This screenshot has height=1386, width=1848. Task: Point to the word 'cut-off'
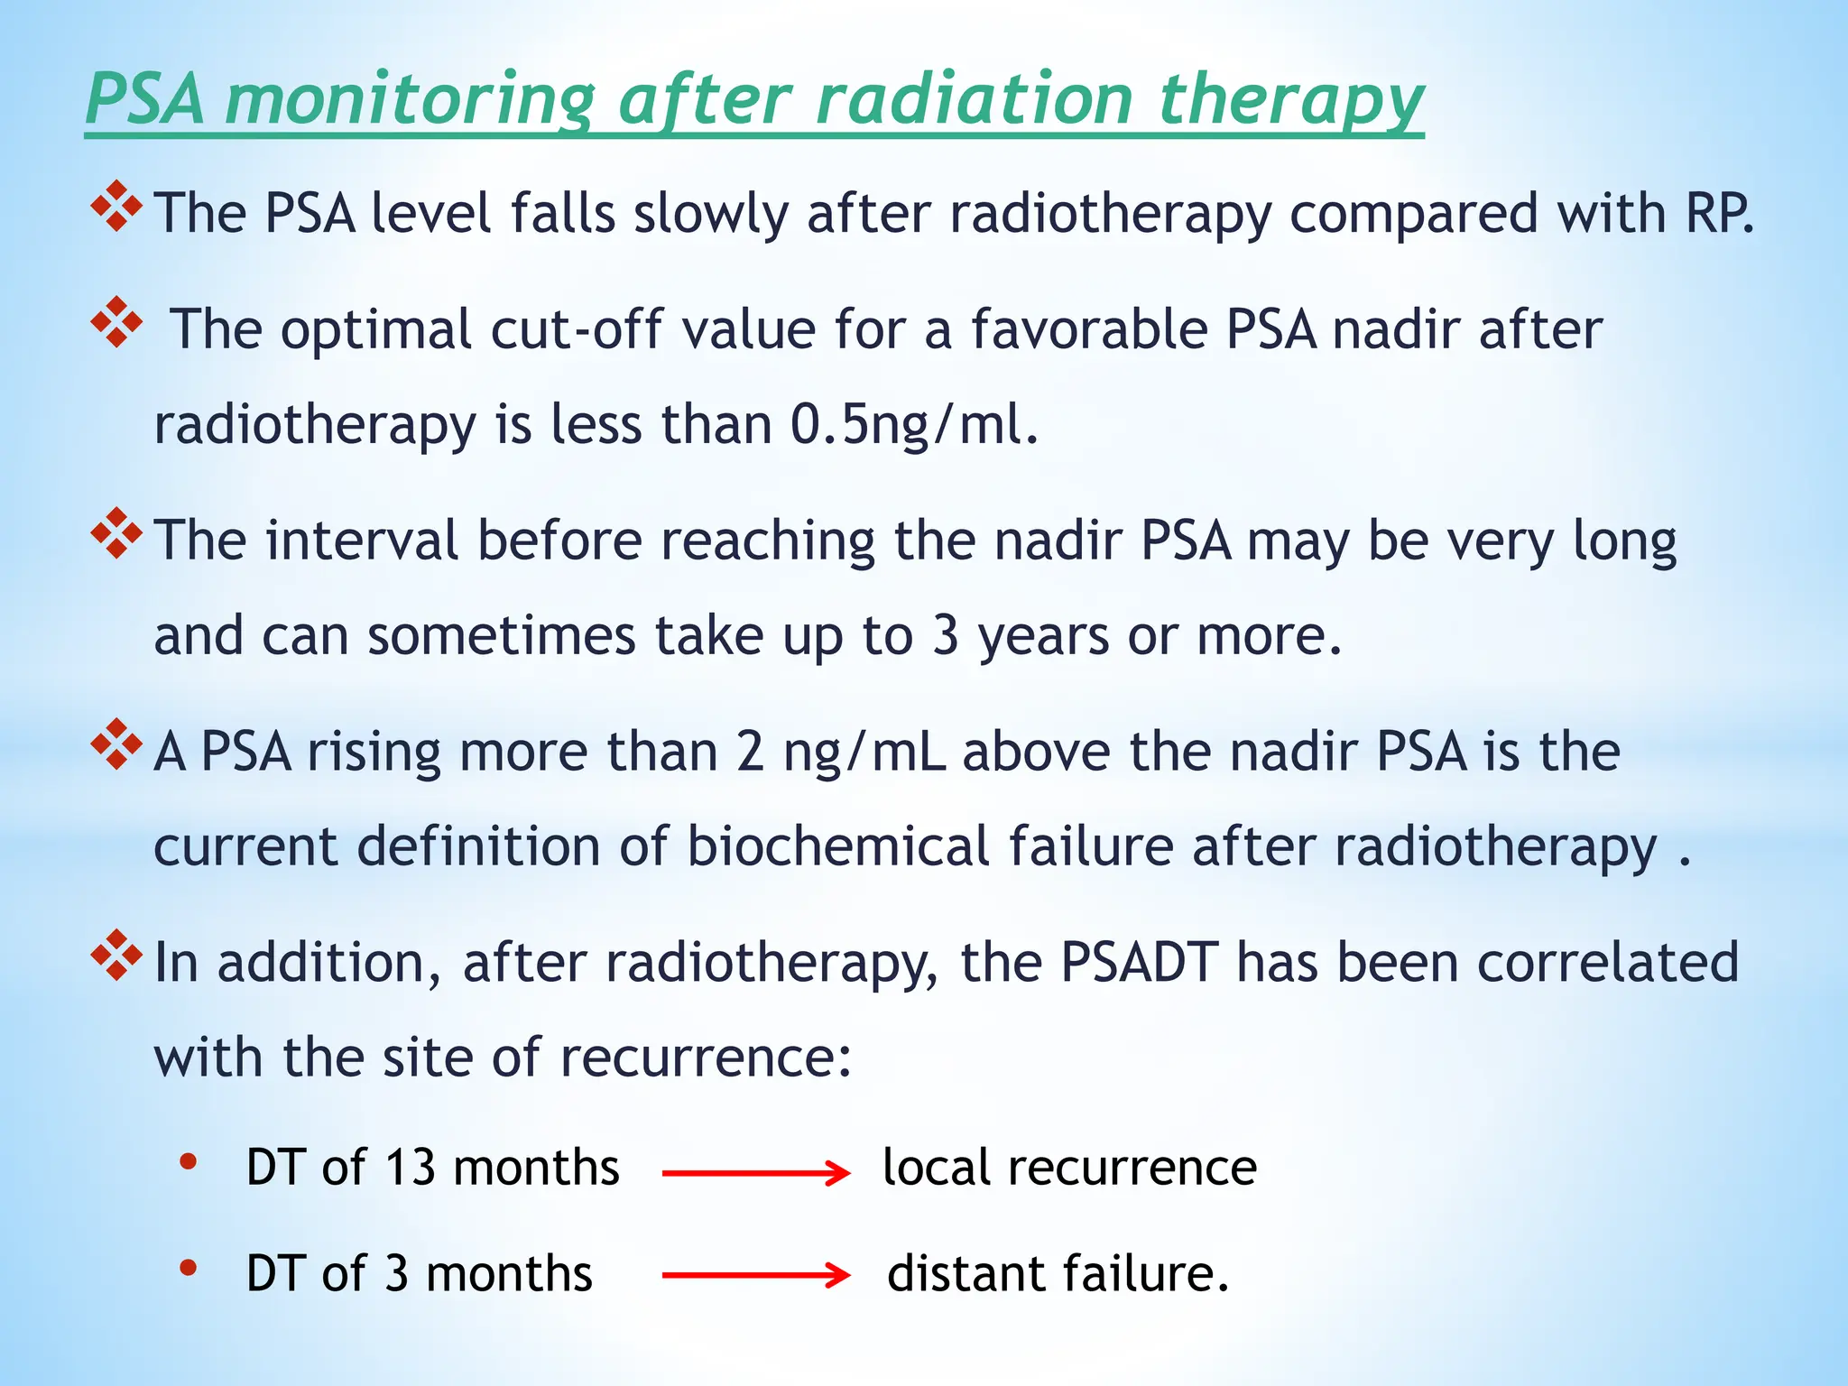tap(577, 328)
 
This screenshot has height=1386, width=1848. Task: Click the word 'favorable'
tap(1087, 328)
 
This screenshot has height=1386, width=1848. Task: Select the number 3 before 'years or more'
tap(945, 635)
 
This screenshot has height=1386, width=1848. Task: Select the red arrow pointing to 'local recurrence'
tap(756, 1173)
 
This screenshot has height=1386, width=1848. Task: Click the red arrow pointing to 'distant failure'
tap(756, 1275)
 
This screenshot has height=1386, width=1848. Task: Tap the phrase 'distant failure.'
tap(1058, 1273)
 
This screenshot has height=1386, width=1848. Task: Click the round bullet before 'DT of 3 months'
tap(188, 1268)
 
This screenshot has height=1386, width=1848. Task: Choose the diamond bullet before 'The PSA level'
tap(116, 206)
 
